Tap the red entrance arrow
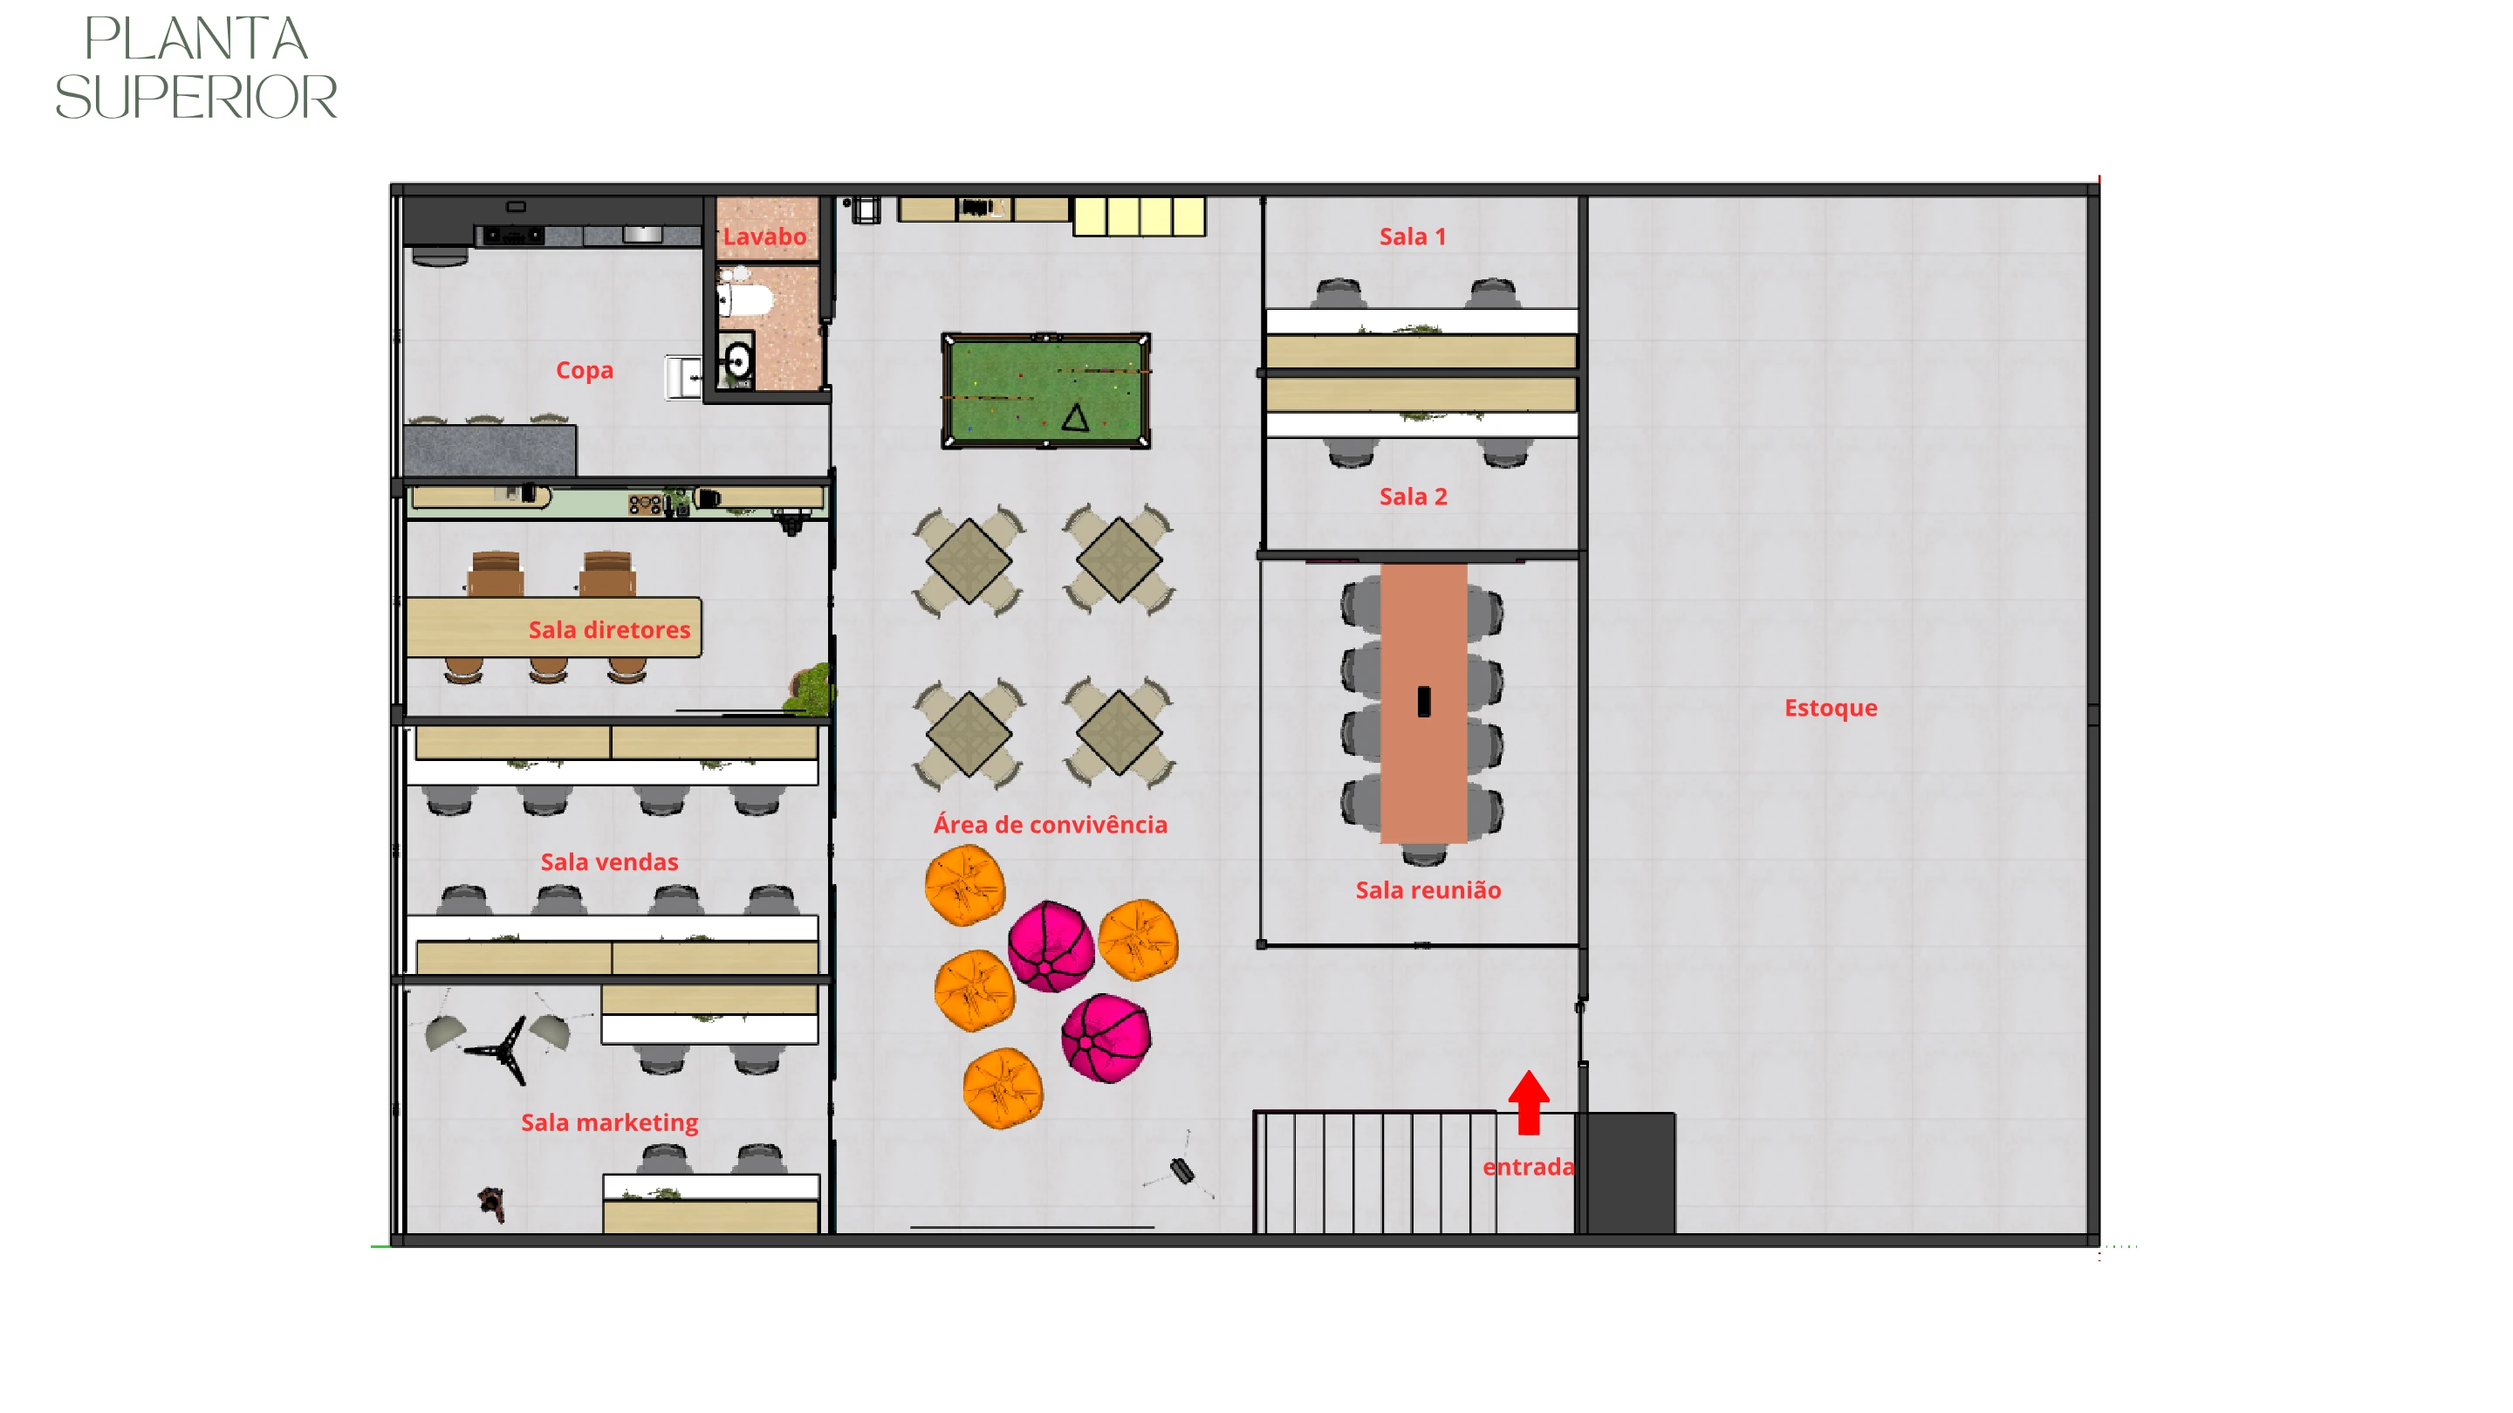tap(1529, 1102)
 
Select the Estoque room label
tap(1830, 708)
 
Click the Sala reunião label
tap(1428, 890)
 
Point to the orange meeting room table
tap(1423, 703)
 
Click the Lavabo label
tap(765, 237)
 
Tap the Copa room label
tap(585, 371)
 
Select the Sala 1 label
tap(1413, 237)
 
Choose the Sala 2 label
tap(1413, 497)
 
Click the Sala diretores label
tap(610, 630)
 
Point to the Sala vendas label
tap(610, 862)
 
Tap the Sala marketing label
tap(610, 1123)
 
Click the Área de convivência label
tap(1051, 825)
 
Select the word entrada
tap(1529, 1167)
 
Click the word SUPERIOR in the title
tap(196, 98)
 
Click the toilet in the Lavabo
tap(745, 297)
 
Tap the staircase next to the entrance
tap(1375, 1172)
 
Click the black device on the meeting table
tap(1424, 702)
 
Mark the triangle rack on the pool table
tap(1075, 418)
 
